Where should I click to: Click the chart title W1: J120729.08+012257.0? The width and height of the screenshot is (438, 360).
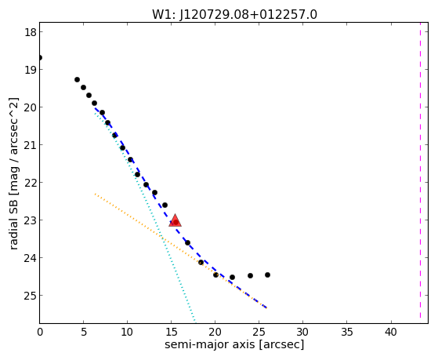(234, 15)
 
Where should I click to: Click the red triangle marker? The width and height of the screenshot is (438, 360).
(176, 220)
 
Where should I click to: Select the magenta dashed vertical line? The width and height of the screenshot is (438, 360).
(420, 170)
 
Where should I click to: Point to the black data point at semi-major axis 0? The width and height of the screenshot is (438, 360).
(40, 58)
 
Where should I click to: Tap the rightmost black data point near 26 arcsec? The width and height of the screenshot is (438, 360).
(267, 275)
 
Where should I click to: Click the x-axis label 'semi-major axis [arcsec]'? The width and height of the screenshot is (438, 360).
(234, 344)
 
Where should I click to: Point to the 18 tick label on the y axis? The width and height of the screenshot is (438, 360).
(31, 32)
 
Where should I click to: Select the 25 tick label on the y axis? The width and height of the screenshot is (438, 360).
(31, 296)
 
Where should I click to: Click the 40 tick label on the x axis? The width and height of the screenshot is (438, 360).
(391, 332)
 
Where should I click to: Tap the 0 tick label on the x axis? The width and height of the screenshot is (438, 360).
(40, 332)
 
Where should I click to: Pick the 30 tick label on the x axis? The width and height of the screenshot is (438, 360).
(302, 332)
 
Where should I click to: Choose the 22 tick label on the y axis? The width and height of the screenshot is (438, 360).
(31, 183)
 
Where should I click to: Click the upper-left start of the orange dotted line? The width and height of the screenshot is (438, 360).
(95, 194)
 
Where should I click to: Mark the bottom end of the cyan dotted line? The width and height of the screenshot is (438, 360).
(194, 320)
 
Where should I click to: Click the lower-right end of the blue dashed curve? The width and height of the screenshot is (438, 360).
(266, 307)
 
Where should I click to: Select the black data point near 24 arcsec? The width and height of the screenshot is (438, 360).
(250, 276)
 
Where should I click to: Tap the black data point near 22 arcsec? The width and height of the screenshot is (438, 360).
(232, 277)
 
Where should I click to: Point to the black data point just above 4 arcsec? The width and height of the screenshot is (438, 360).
(77, 80)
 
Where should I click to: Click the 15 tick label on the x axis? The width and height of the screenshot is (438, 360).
(172, 332)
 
